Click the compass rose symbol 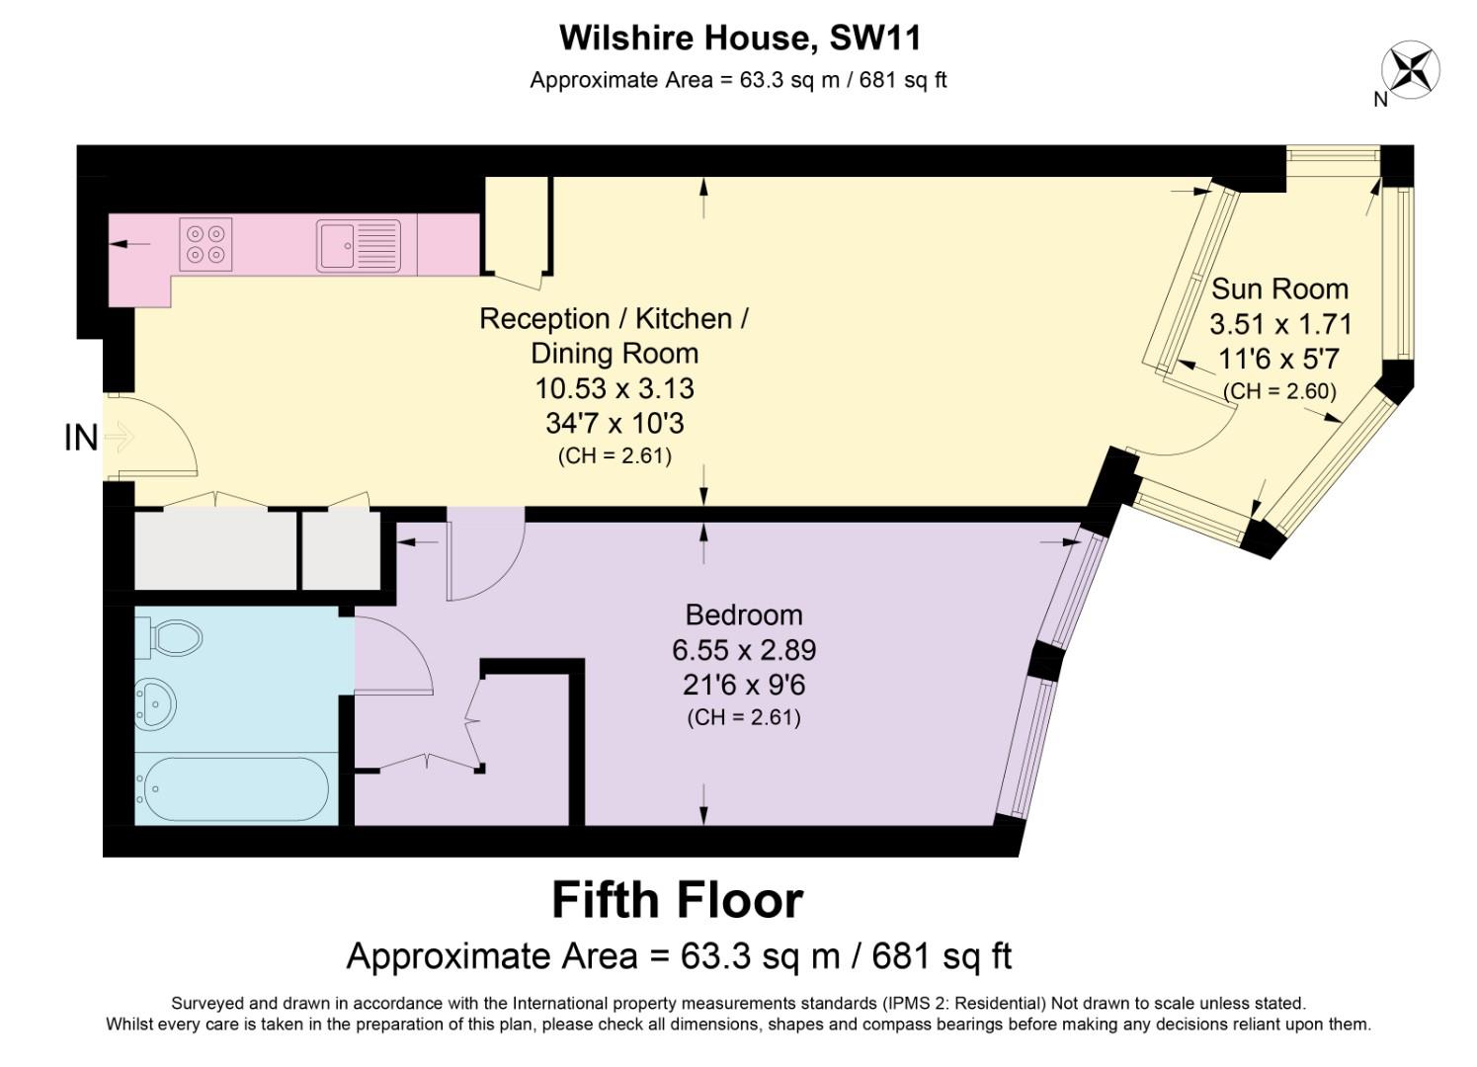pos(1411,69)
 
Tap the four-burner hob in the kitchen pos(205,244)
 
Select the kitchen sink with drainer pos(358,246)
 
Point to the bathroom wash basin pos(156,703)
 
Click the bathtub pos(232,788)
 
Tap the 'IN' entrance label pos(81,438)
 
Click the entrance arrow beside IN pos(120,437)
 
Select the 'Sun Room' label pos(1279,288)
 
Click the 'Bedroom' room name pos(744,615)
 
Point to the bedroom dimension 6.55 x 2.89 pos(744,650)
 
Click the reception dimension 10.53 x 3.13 pos(614,388)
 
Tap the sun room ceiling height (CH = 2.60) pos(1279,391)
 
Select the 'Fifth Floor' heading pos(677,900)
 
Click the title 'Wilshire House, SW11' pos(740,38)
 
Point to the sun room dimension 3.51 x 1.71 pos(1280,324)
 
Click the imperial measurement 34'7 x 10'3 pos(615,423)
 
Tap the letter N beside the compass pos(1381,100)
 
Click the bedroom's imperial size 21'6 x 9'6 pos(744,686)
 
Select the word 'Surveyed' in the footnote pos(206,1003)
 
